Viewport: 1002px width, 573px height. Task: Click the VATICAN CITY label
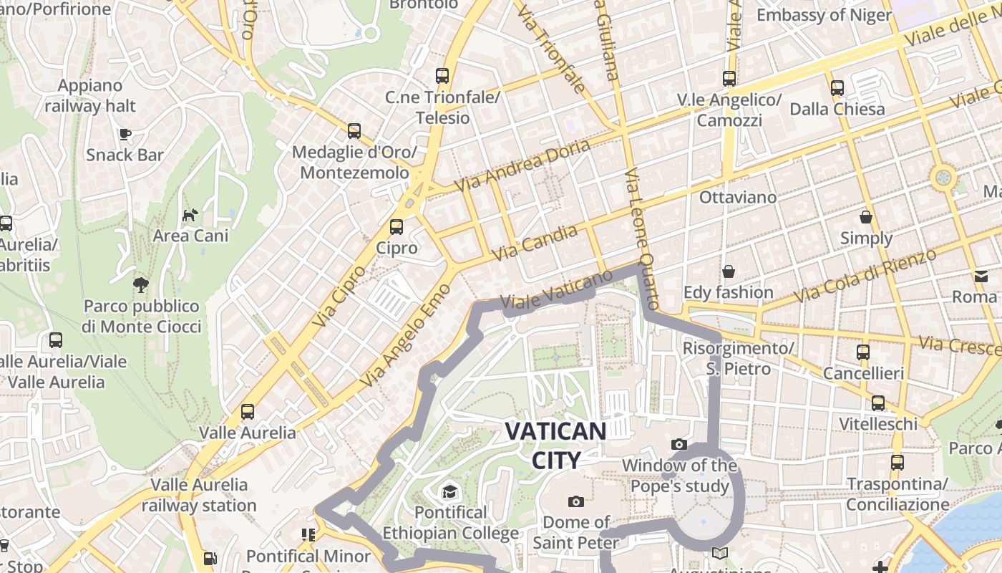(x=555, y=445)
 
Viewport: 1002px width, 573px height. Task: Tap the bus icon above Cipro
(x=397, y=227)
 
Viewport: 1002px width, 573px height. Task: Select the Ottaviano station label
(x=738, y=197)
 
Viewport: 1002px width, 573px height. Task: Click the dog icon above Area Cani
(x=190, y=215)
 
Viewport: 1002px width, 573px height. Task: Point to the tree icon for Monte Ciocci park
(x=141, y=285)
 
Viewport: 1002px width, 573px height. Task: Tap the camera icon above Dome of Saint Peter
(x=575, y=501)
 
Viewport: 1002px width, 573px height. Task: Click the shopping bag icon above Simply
(x=866, y=216)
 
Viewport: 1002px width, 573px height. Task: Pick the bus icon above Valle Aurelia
(x=248, y=412)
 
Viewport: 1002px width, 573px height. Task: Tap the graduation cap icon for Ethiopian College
(x=449, y=491)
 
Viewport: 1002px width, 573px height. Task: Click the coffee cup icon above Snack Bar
(x=125, y=134)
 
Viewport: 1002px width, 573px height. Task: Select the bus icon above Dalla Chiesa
(x=837, y=88)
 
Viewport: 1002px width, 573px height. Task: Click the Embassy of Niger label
(x=824, y=15)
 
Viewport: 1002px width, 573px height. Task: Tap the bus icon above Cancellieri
(x=863, y=352)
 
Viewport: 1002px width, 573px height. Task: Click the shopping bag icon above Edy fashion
(x=729, y=271)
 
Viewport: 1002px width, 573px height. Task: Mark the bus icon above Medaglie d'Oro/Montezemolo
(x=354, y=131)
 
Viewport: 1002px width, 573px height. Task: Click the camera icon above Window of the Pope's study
(x=679, y=445)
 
